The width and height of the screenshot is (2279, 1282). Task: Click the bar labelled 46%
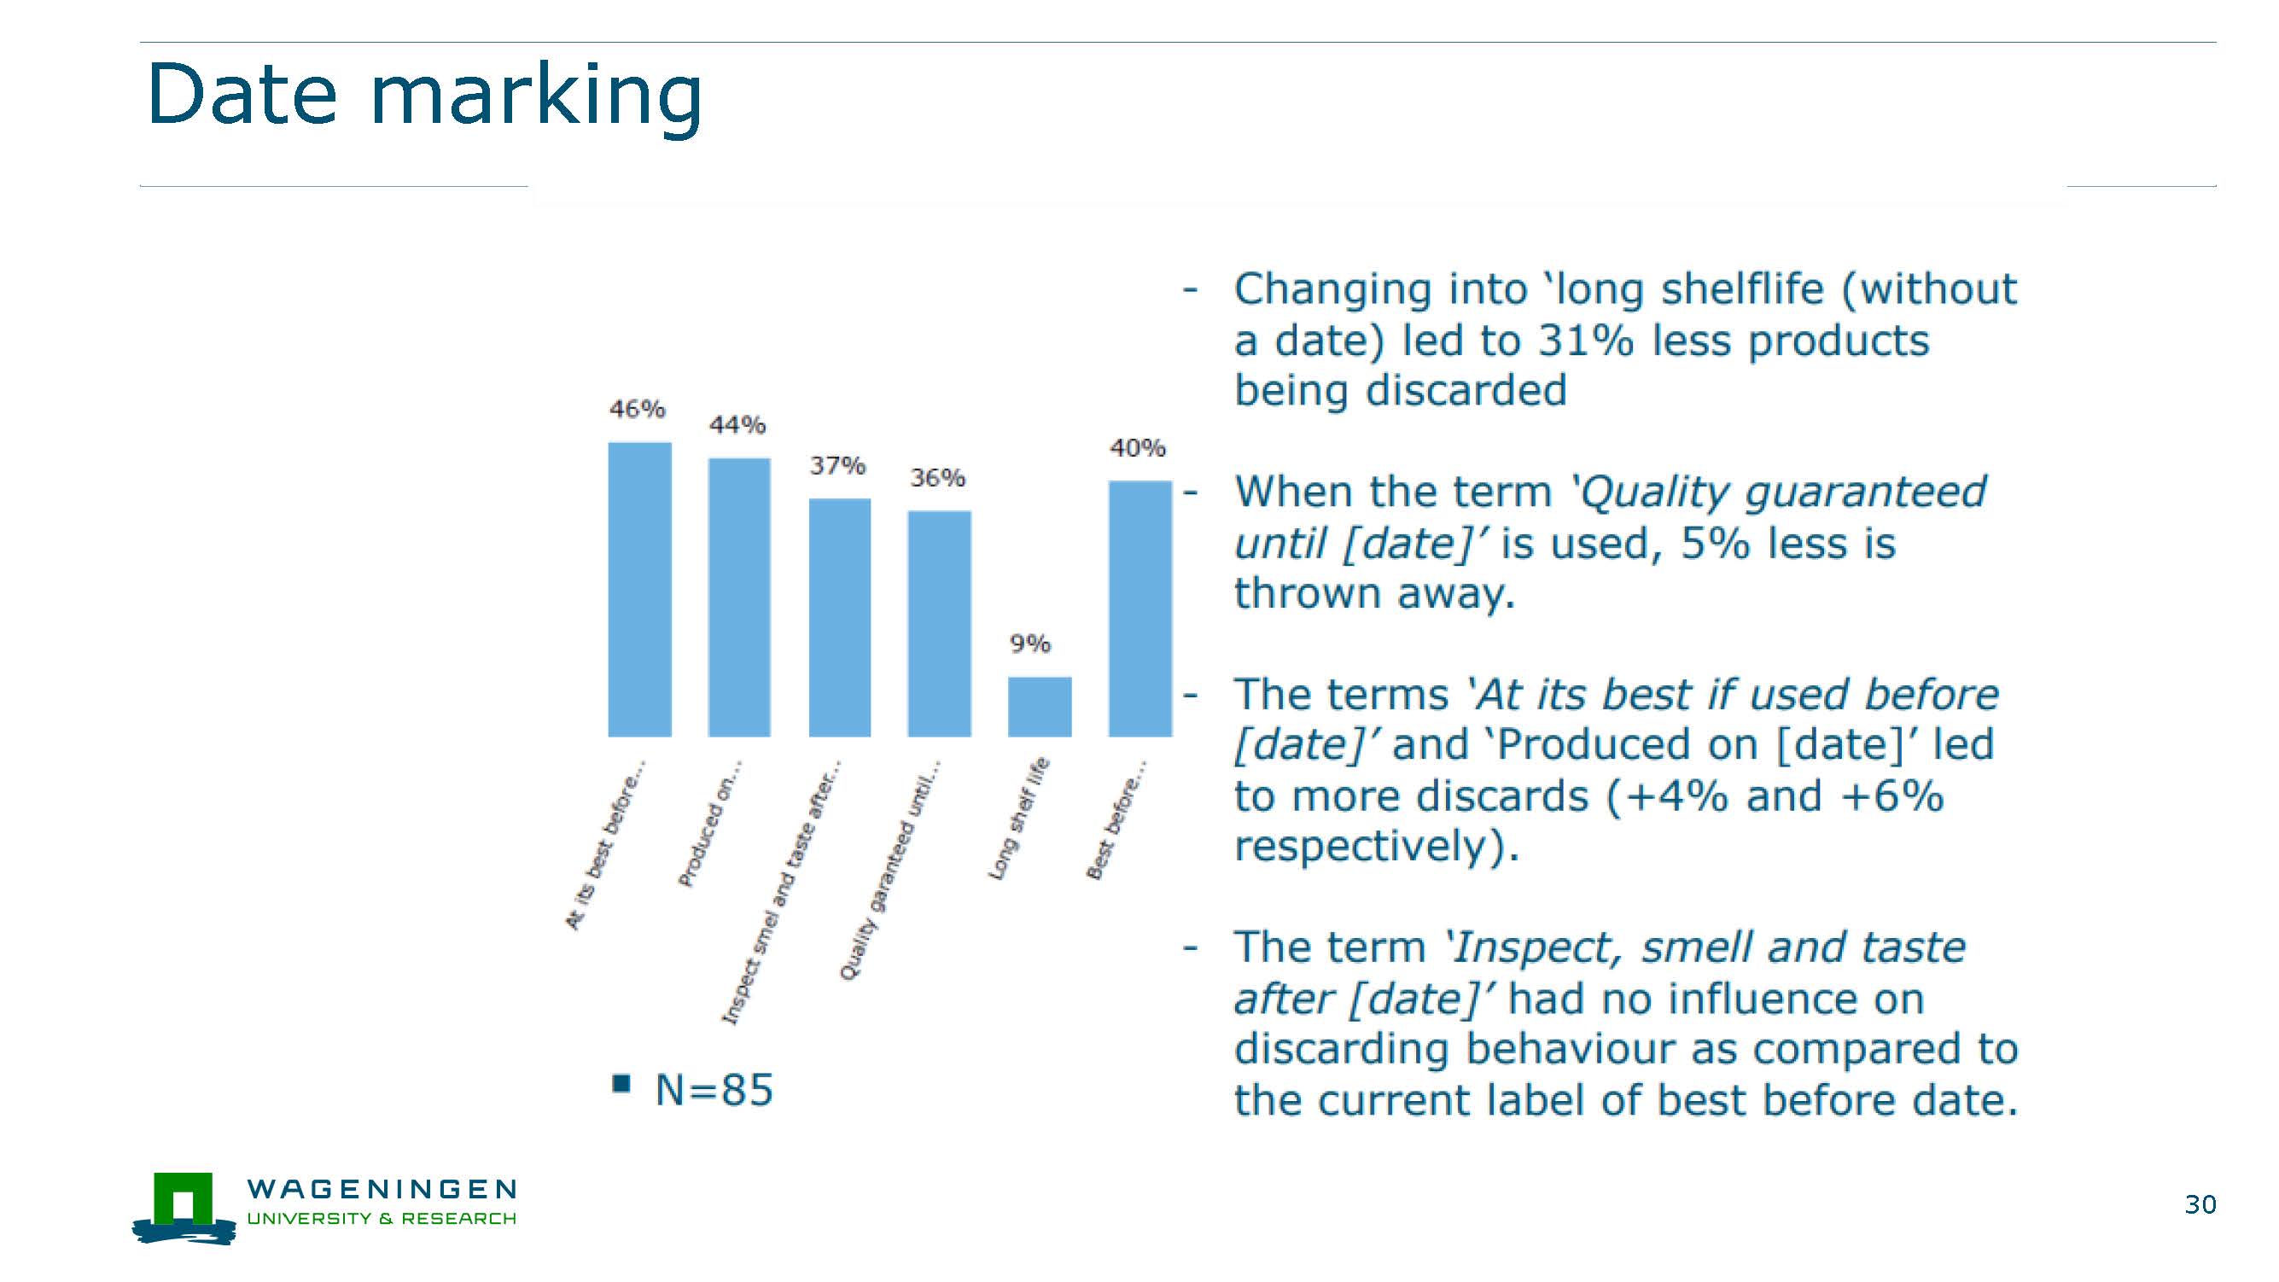point(639,589)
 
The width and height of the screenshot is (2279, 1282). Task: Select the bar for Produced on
point(740,597)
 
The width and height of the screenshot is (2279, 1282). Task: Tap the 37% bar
point(840,618)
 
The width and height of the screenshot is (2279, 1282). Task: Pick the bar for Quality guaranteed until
point(940,624)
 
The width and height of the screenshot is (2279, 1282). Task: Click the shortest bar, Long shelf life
point(1040,707)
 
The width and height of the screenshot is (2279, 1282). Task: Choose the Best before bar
point(1140,609)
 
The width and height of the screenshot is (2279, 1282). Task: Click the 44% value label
point(737,426)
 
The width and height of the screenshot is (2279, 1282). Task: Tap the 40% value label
point(1138,449)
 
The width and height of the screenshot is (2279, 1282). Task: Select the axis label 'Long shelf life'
point(1018,819)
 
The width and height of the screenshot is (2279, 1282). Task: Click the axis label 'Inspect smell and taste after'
point(782,892)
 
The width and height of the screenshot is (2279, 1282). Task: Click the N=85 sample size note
point(714,1089)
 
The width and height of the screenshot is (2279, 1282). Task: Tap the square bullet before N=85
point(621,1084)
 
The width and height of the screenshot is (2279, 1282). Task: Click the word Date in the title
point(242,94)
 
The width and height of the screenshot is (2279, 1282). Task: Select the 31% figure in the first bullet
point(1585,341)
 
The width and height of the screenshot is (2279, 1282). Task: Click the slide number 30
point(2200,1204)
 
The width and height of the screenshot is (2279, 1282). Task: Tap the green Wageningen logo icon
point(184,1209)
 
